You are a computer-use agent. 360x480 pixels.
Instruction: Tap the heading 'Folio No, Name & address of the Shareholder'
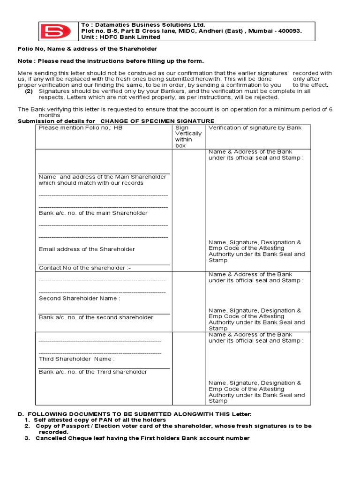pyautogui.click(x=87, y=49)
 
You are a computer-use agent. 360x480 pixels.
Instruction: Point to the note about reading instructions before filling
pyautogui.click(x=111, y=61)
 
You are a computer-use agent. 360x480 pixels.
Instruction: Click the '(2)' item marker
pyautogui.click(x=29, y=91)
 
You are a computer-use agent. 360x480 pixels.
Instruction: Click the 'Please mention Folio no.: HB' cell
pyautogui.click(x=80, y=127)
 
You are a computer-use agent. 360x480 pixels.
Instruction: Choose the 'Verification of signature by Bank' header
pyautogui.click(x=255, y=127)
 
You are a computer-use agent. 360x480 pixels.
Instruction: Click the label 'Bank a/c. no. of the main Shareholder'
pyautogui.click(x=93, y=213)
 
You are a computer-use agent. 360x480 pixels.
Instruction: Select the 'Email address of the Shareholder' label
pyautogui.click(x=87, y=249)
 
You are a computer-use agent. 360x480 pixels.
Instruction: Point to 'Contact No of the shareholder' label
pyautogui.click(x=85, y=268)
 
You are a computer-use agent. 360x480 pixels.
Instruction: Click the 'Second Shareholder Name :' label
pyautogui.click(x=79, y=298)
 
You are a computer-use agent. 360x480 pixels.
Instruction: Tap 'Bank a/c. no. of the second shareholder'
pyautogui.click(x=96, y=317)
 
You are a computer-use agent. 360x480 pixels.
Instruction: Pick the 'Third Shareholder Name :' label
pyautogui.click(x=76, y=359)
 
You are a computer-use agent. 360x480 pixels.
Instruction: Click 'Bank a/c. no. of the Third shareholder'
pyautogui.click(x=93, y=372)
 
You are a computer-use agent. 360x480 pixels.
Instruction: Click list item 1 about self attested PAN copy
pyautogui.click(x=99, y=420)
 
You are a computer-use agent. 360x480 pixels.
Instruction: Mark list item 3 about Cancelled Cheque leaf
pyautogui.click(x=142, y=438)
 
